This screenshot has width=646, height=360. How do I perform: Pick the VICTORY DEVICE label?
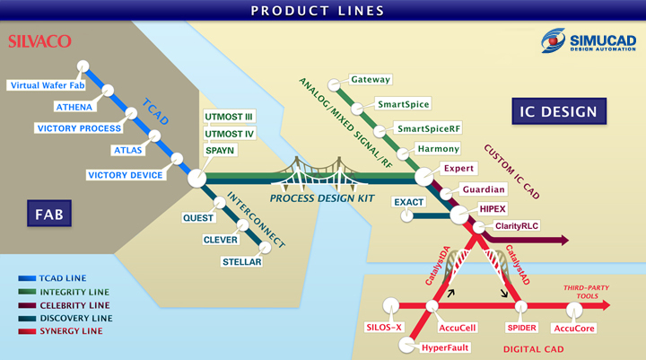click(x=125, y=174)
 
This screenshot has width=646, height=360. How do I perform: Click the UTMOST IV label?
click(x=230, y=134)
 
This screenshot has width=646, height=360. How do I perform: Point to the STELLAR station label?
click(x=242, y=262)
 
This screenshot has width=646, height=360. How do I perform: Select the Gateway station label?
click(x=371, y=80)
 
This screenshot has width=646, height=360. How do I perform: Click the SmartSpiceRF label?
click(x=429, y=128)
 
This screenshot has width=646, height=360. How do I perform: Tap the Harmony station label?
click(x=439, y=148)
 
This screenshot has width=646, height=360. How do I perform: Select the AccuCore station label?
click(x=573, y=328)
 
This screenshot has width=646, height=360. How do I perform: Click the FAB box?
click(x=42, y=215)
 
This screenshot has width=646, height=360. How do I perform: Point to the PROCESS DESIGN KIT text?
click(x=322, y=198)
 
